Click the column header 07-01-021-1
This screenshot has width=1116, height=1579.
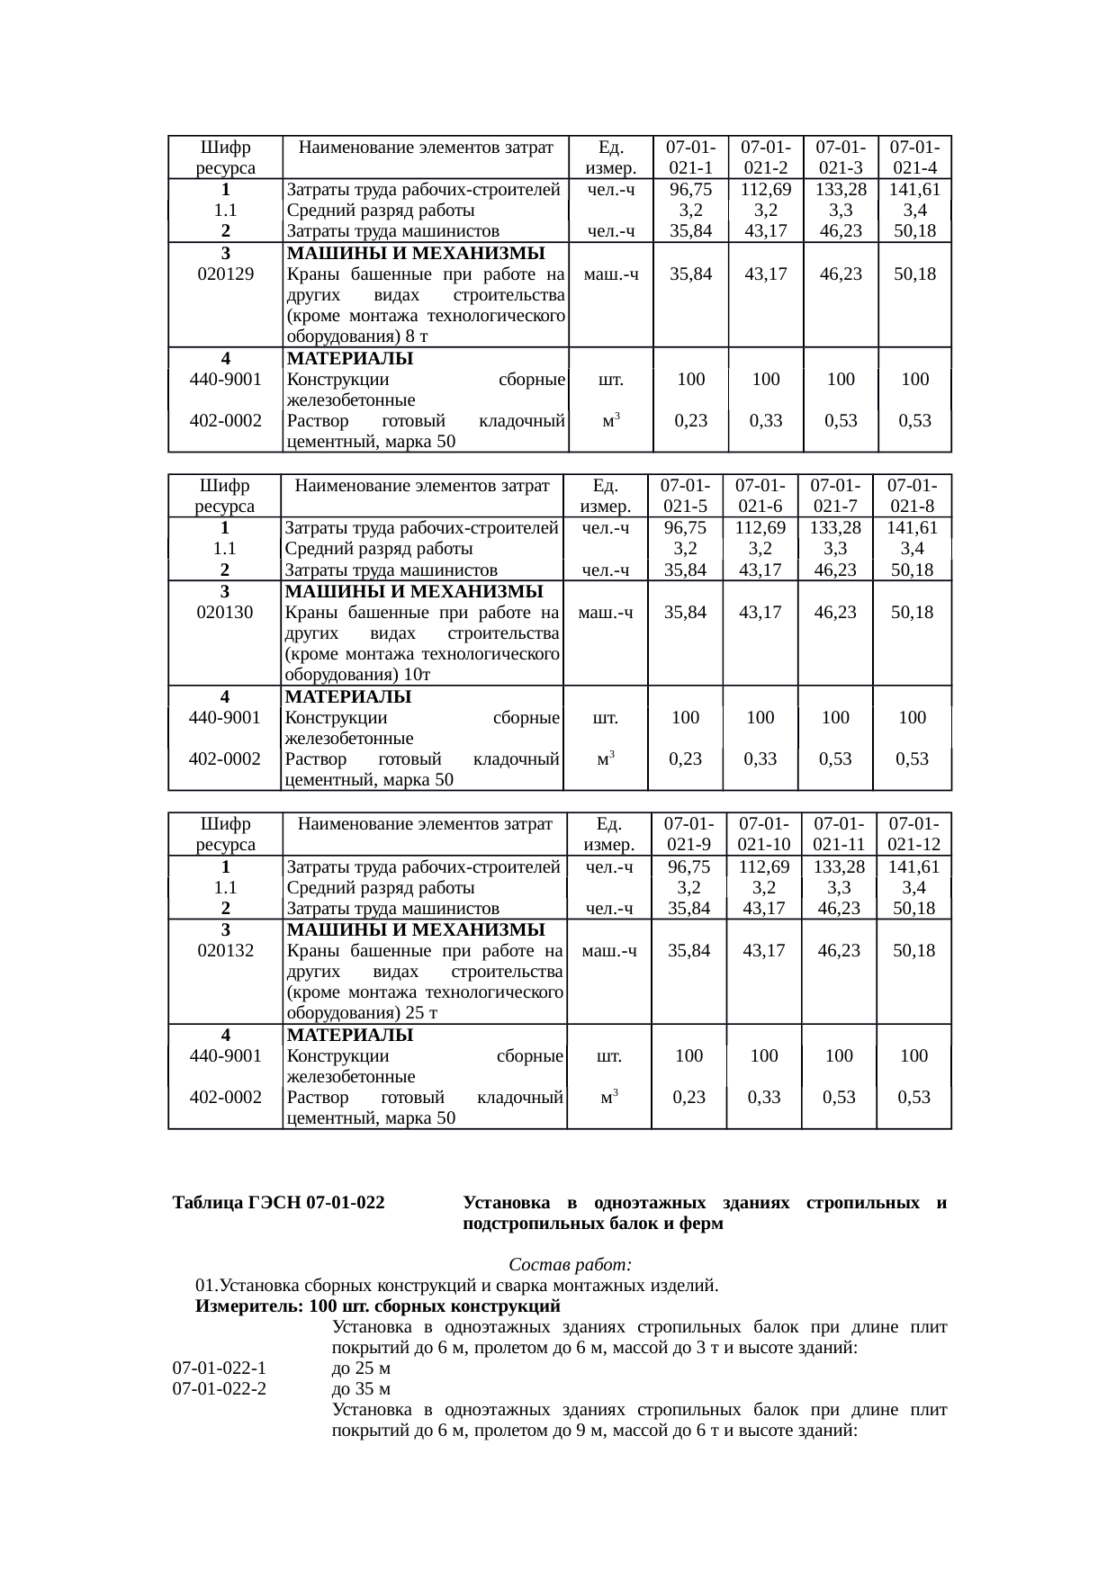(690, 157)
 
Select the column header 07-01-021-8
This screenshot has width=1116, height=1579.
(913, 496)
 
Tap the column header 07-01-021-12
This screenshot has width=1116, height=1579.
(913, 834)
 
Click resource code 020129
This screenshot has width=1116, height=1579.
(225, 274)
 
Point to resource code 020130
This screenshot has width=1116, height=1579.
(225, 613)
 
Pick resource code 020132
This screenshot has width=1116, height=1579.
(225, 951)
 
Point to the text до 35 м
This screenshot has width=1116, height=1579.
(361, 1389)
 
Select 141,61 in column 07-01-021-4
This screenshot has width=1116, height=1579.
(914, 190)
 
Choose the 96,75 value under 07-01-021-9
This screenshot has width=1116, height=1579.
(689, 867)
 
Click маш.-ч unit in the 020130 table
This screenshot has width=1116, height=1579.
(606, 613)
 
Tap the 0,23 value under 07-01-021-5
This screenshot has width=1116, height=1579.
(685, 758)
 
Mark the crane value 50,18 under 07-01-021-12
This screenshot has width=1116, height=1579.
(913, 951)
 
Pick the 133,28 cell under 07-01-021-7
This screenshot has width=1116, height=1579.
(835, 528)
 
